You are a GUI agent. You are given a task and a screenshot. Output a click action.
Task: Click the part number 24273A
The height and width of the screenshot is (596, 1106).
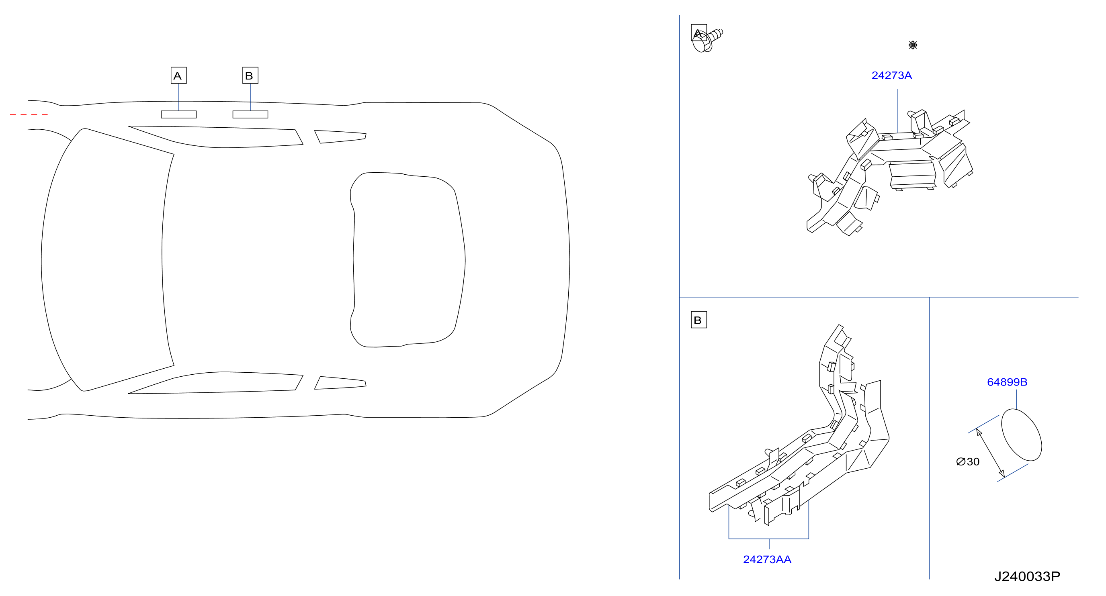pos(891,76)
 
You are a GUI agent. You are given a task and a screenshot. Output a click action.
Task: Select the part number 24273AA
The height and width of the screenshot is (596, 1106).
pos(767,559)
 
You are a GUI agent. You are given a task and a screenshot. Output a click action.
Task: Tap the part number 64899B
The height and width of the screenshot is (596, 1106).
pos(1007,382)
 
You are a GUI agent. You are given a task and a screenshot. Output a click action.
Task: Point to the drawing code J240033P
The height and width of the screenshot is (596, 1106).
pos(1027,576)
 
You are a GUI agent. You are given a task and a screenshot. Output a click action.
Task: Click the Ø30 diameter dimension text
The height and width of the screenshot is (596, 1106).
pos(968,462)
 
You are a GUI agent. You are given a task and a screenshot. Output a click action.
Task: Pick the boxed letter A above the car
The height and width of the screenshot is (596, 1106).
pos(178,76)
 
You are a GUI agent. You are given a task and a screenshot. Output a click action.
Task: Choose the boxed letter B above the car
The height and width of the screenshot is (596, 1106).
pos(250,76)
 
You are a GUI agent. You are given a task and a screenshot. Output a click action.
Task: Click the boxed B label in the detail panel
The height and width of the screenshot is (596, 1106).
pos(698,320)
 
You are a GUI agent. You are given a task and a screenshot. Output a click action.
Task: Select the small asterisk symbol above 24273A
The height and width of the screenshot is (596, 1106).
pos(913,45)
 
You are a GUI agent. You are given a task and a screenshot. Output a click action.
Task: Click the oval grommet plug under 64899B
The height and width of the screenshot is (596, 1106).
pos(1022,435)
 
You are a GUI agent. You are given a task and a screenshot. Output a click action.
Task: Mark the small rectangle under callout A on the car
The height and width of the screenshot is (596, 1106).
pos(178,114)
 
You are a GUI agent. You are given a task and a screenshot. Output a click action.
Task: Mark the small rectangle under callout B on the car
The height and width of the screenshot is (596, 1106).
pos(250,114)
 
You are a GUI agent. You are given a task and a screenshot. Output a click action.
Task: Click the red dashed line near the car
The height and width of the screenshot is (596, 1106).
pos(29,114)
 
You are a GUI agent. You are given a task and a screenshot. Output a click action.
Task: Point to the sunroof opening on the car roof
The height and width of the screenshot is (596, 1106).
pos(408,259)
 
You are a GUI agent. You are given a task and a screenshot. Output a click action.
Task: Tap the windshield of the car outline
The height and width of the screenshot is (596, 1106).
pos(107,259)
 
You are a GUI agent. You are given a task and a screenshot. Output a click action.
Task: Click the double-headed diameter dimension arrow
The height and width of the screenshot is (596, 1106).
pos(990,453)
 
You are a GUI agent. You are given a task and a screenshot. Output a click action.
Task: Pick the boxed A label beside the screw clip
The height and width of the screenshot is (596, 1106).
pos(698,33)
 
